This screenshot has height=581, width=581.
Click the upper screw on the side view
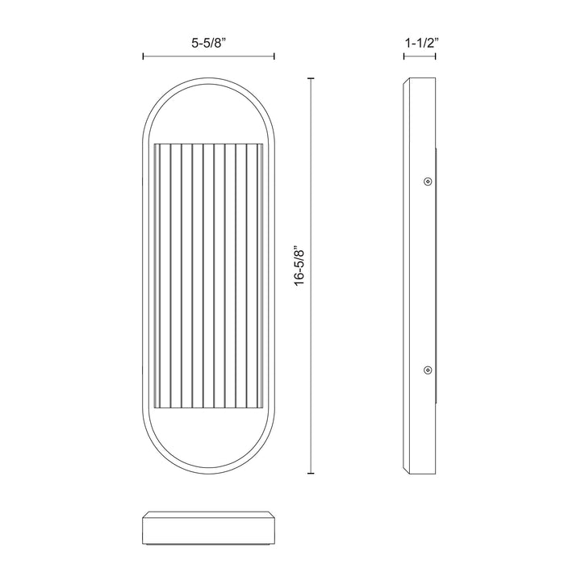427,181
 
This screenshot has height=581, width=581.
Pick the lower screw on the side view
427,370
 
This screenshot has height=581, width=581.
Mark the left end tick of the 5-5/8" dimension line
143,56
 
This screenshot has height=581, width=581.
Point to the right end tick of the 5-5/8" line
274,56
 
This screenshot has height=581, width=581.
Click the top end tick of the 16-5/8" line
312,78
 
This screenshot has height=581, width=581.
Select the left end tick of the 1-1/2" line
404,56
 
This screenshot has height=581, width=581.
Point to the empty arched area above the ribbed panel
208,113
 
